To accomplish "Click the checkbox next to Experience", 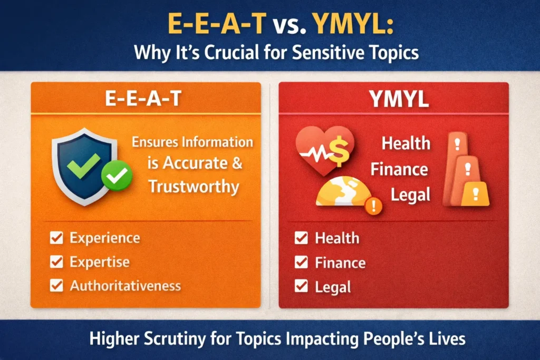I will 56,238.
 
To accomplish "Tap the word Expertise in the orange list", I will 99,262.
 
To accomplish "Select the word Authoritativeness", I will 125,286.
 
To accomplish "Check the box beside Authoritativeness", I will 56,286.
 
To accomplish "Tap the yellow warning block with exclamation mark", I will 475,194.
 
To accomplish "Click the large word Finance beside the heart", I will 399,169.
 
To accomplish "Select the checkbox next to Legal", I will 301,286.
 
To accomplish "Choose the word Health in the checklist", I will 337,238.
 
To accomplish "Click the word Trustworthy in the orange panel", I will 194,186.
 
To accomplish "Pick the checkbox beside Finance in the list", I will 301,262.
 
